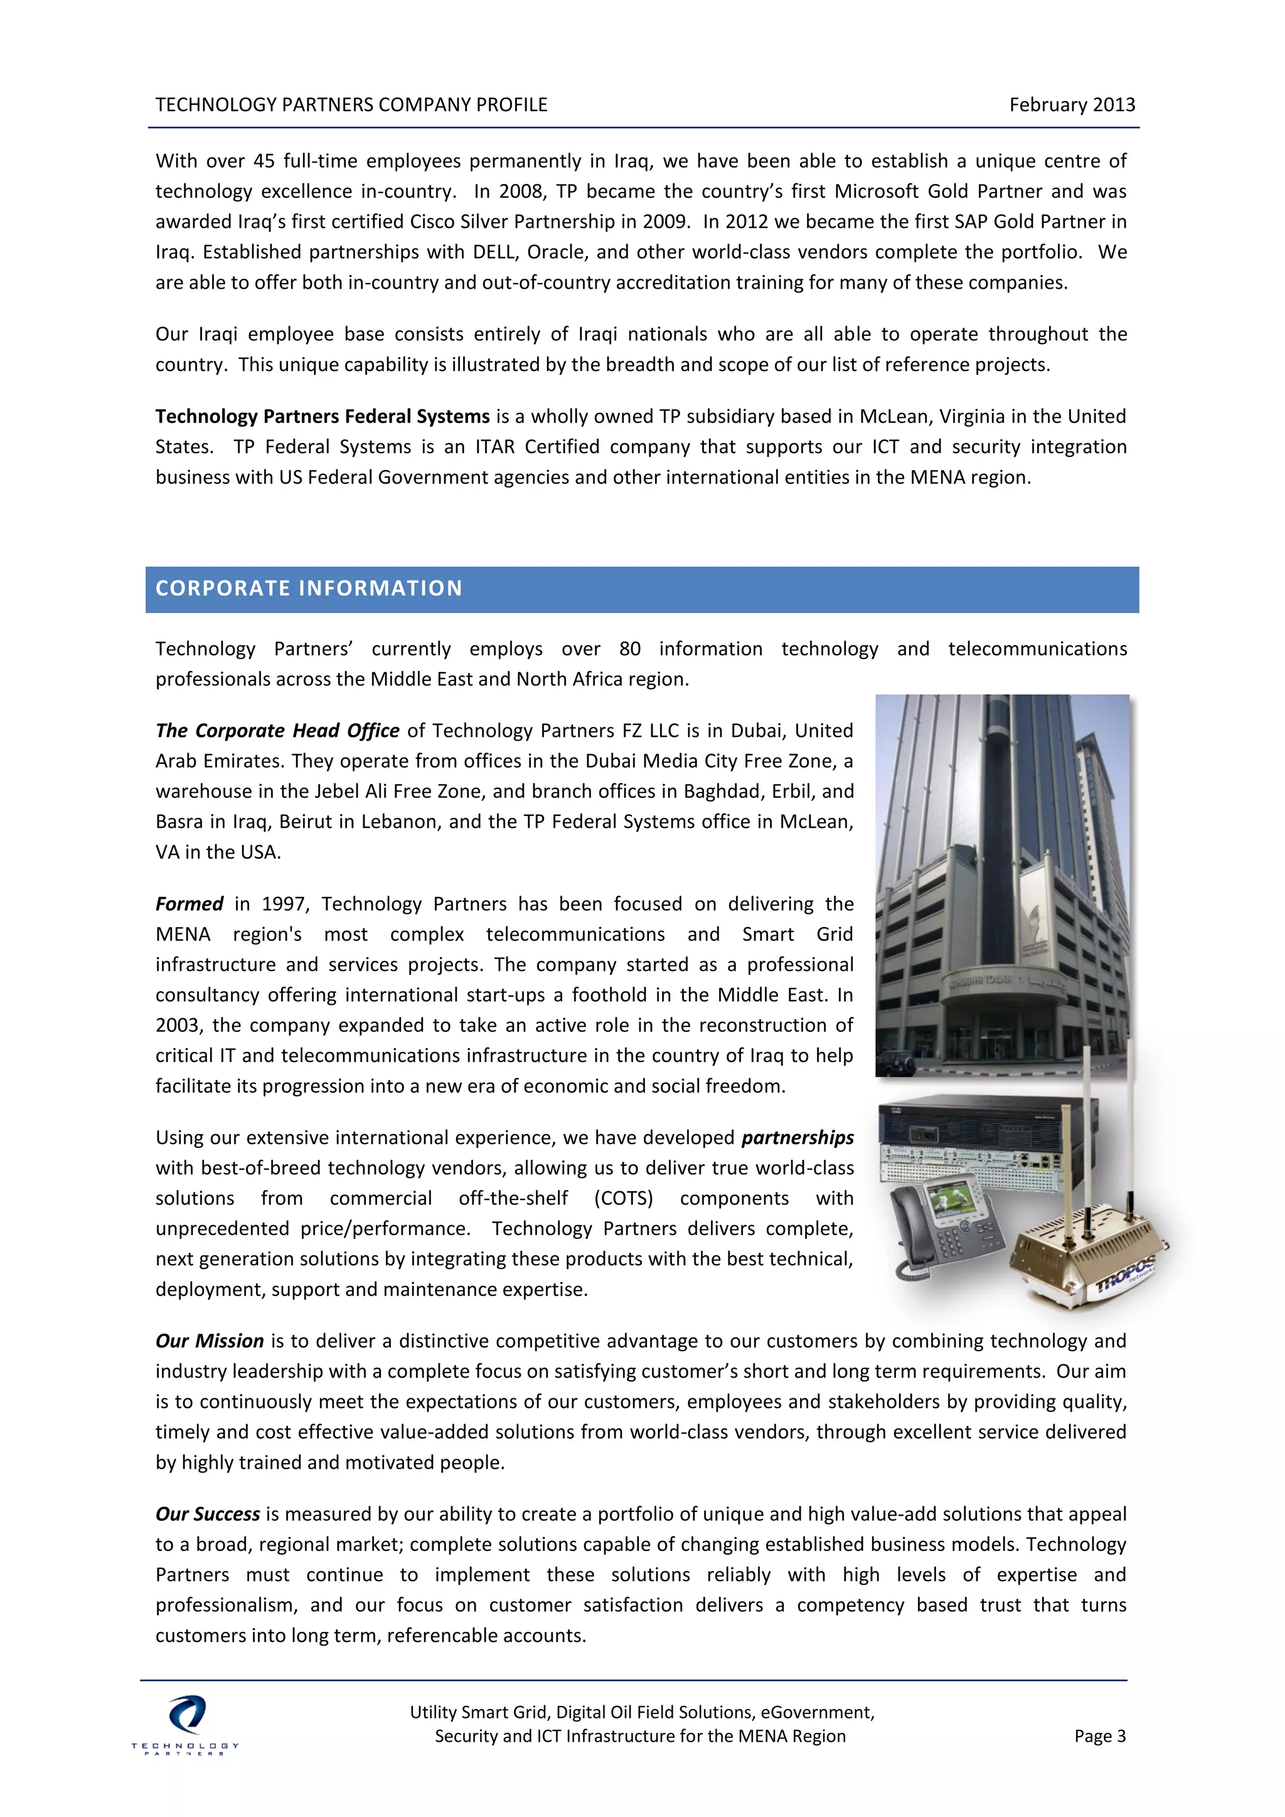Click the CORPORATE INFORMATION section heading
(x=309, y=588)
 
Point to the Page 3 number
(x=1099, y=1735)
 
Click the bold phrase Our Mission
(x=209, y=1341)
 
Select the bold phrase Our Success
(x=207, y=1513)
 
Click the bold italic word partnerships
(x=797, y=1137)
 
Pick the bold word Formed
(x=189, y=904)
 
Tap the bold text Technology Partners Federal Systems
(x=322, y=416)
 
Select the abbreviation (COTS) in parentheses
(x=624, y=1198)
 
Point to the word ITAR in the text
(x=494, y=446)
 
